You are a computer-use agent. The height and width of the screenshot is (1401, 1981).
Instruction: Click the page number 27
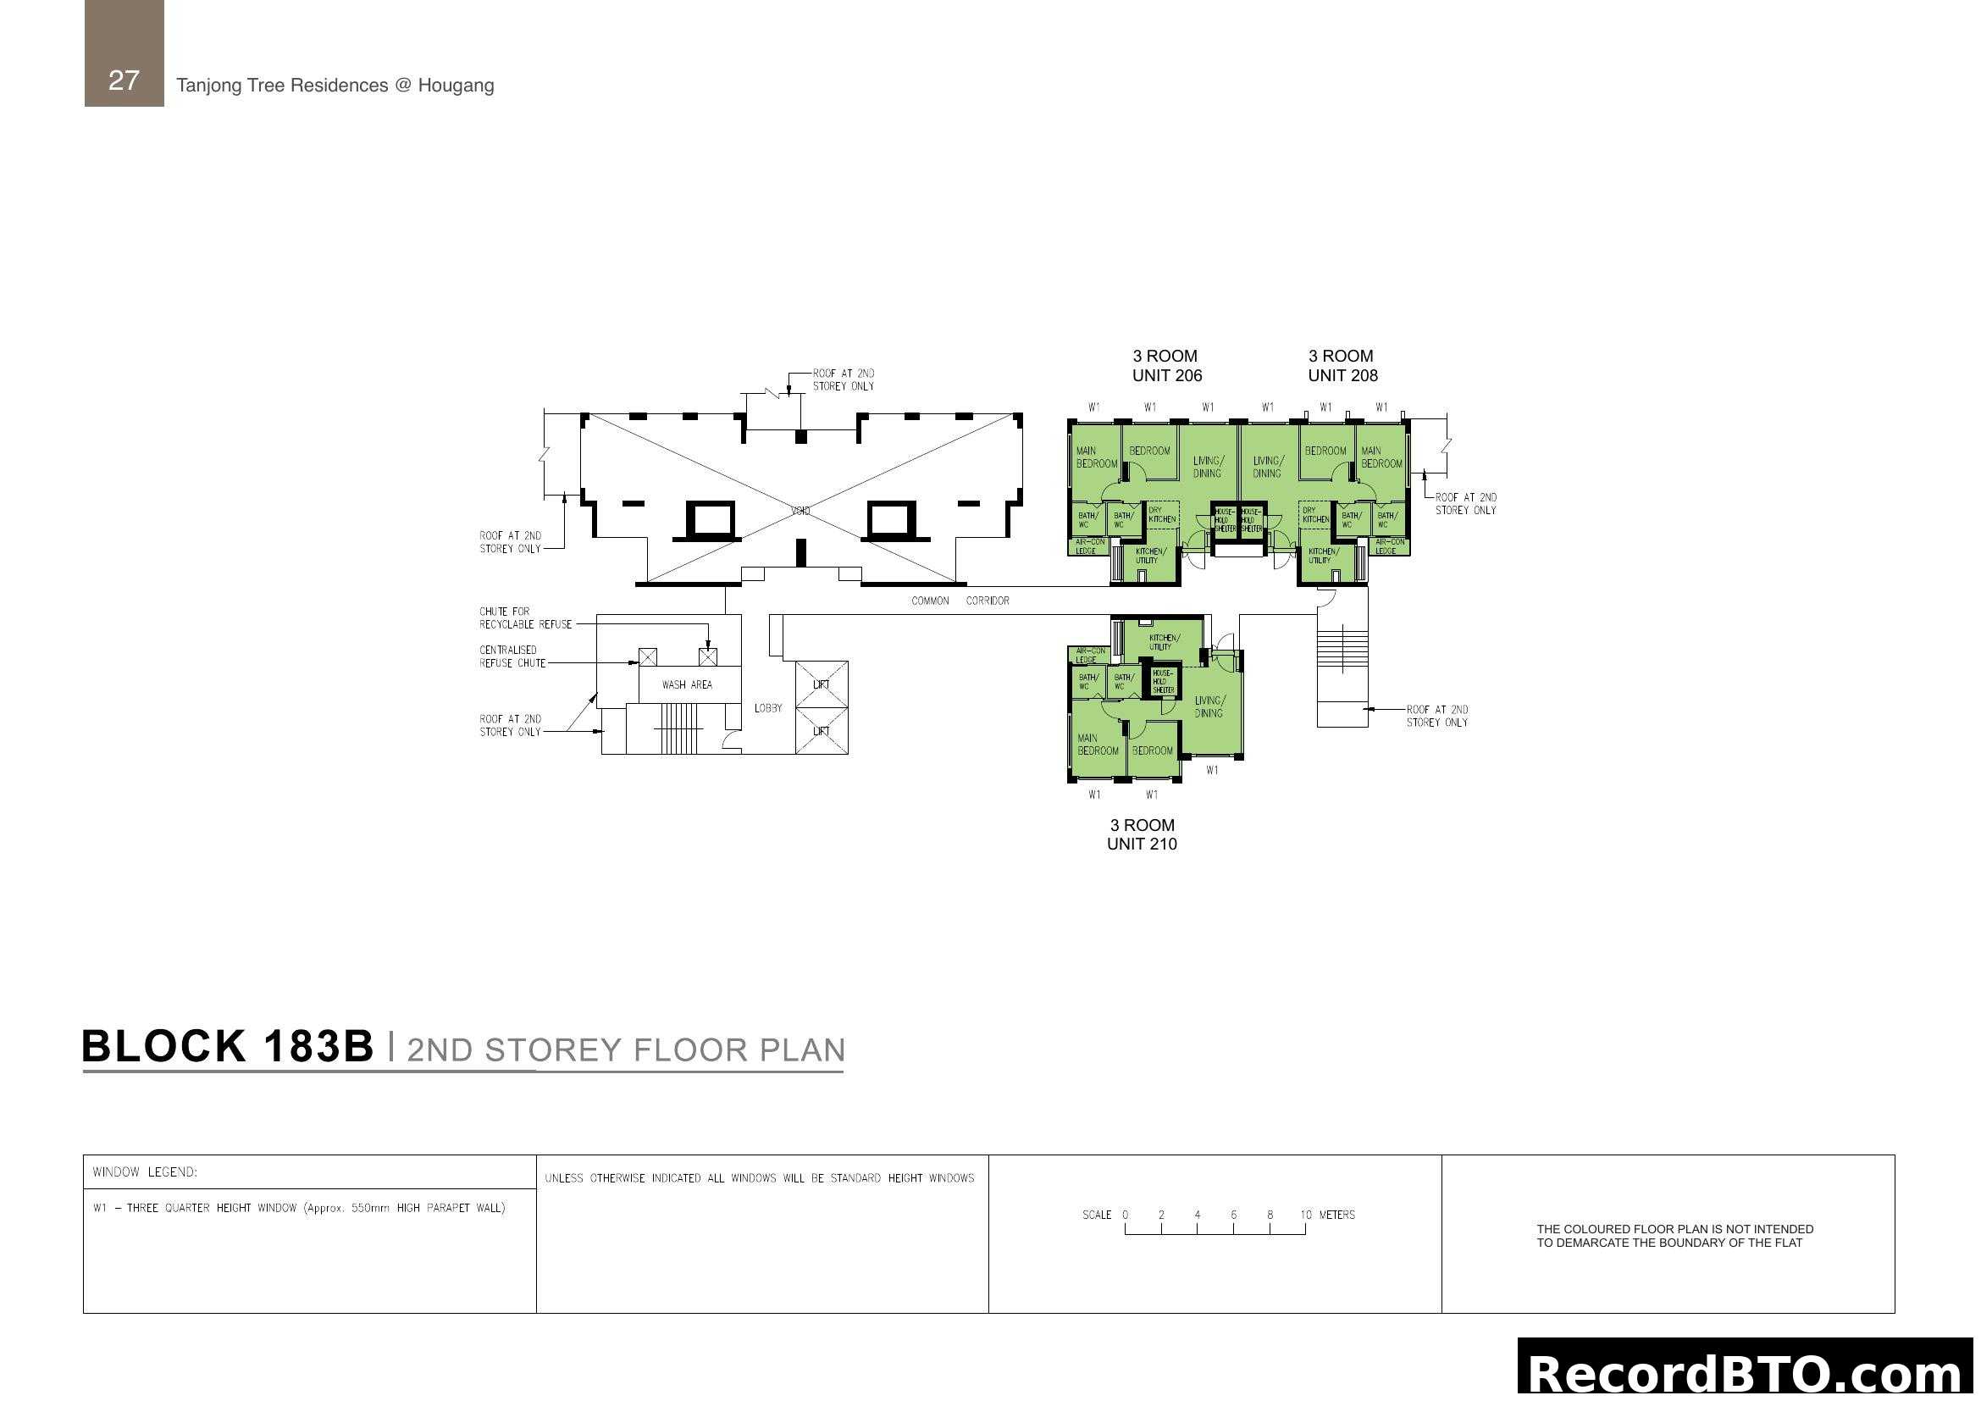[124, 80]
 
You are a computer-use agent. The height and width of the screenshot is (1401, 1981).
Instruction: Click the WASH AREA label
[687, 685]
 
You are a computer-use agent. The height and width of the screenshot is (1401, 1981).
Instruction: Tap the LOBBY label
[768, 708]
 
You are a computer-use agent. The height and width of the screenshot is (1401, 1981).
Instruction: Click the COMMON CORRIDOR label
[960, 601]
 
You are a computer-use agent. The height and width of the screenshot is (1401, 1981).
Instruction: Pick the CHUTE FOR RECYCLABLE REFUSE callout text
[525, 617]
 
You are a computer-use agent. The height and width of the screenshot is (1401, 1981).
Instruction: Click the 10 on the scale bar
[1305, 1215]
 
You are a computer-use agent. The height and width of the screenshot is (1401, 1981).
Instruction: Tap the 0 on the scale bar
[1125, 1215]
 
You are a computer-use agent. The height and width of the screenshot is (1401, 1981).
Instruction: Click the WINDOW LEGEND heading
[145, 1171]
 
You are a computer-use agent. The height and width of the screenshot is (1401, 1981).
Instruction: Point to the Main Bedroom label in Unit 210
[1098, 745]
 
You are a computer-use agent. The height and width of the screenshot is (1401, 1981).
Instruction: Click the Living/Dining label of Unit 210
[1209, 706]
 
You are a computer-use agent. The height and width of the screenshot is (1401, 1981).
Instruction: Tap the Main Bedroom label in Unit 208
[1381, 457]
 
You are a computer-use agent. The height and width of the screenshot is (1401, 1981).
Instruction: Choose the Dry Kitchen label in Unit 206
[1161, 514]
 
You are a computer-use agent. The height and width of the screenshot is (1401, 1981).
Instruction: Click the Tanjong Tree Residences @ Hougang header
[335, 86]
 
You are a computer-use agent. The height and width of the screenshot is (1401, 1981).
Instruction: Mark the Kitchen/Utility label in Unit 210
[1163, 642]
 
